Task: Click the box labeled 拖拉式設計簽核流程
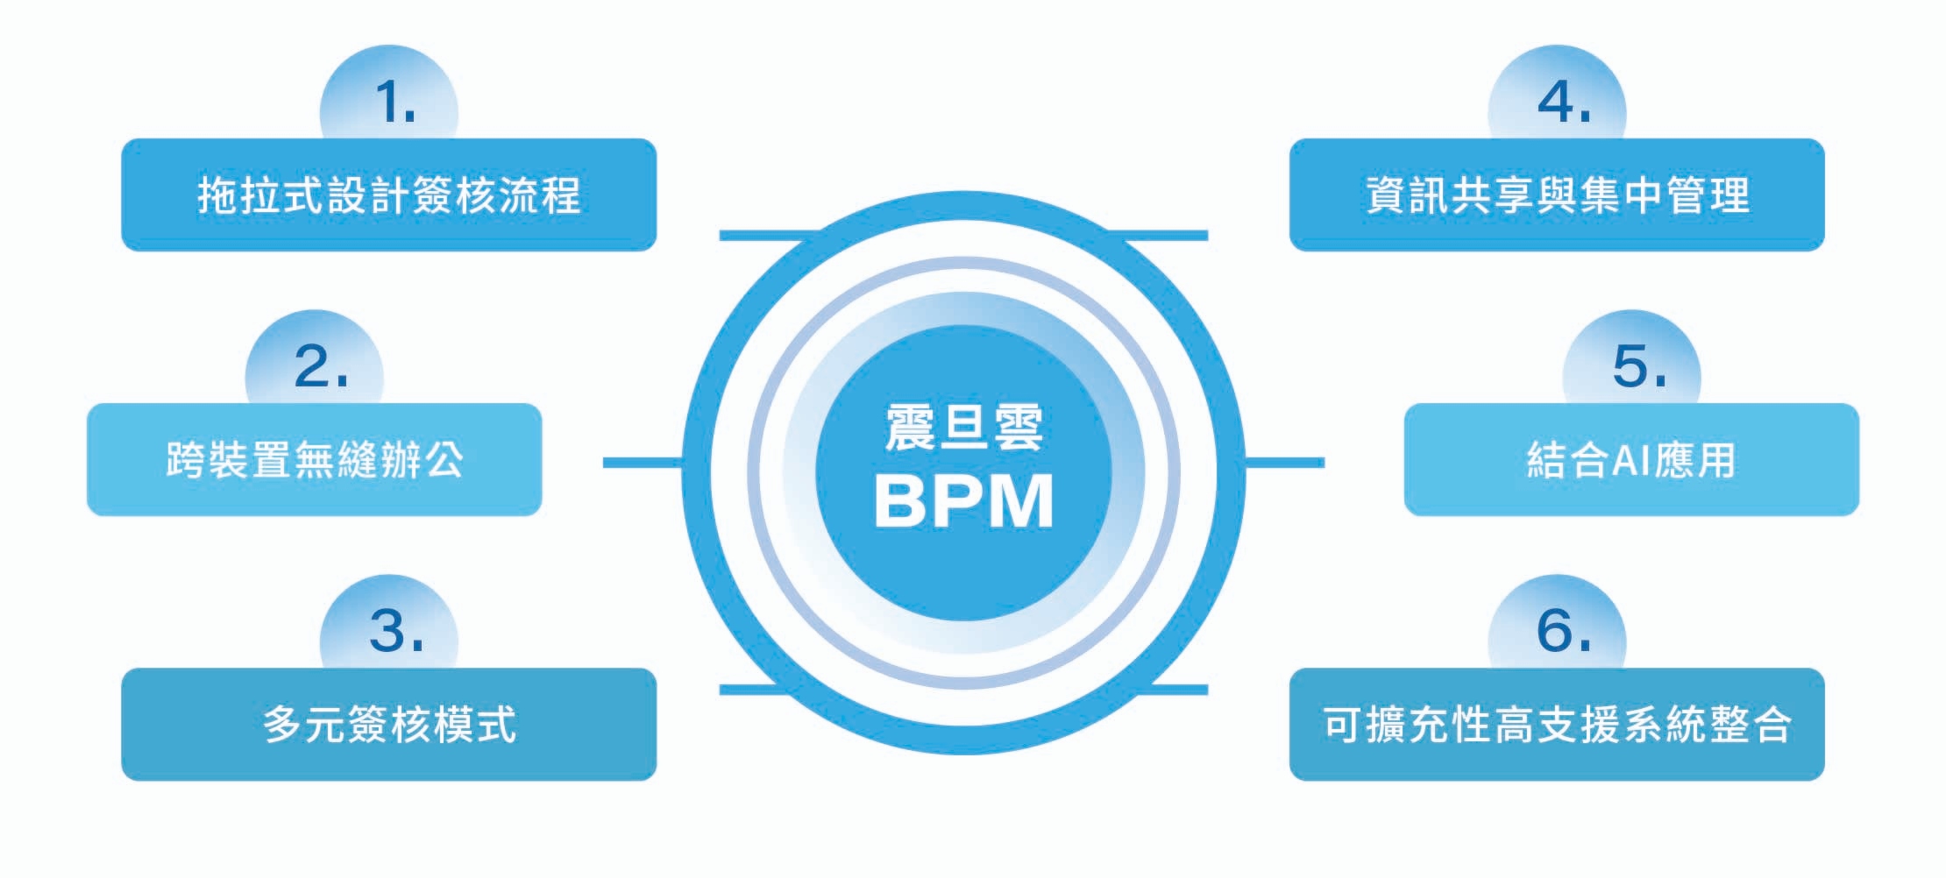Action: tap(388, 195)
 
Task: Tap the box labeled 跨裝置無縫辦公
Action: tap(314, 460)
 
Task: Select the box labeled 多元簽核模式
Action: tap(388, 725)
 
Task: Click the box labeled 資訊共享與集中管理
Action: tap(1557, 195)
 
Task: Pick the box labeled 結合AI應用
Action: tap(1631, 460)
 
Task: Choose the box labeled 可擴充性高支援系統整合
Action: tap(1557, 725)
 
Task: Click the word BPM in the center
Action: tap(963, 501)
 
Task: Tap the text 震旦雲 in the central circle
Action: tap(963, 428)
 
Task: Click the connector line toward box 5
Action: tap(1284, 462)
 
